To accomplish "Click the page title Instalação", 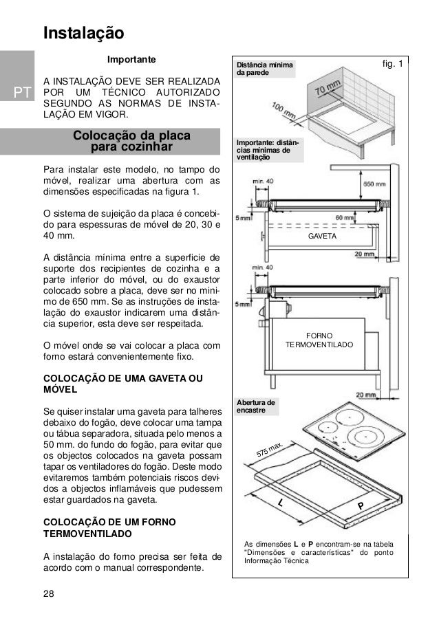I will [x=83, y=33].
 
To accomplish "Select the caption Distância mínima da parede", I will [x=264, y=69].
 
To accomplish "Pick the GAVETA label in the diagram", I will [x=322, y=236].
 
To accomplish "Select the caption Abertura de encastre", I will [x=257, y=406].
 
